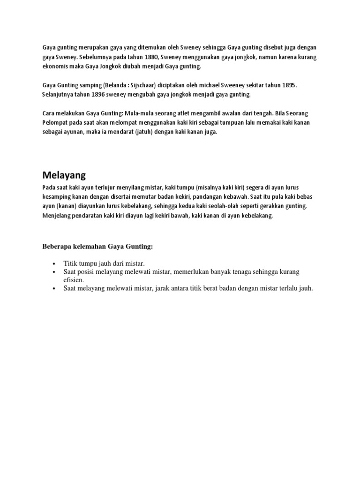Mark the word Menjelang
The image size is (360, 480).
[57, 216]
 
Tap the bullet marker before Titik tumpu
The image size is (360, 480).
[55, 264]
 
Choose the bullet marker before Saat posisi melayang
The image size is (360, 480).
[55, 272]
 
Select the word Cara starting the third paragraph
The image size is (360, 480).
[49, 114]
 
